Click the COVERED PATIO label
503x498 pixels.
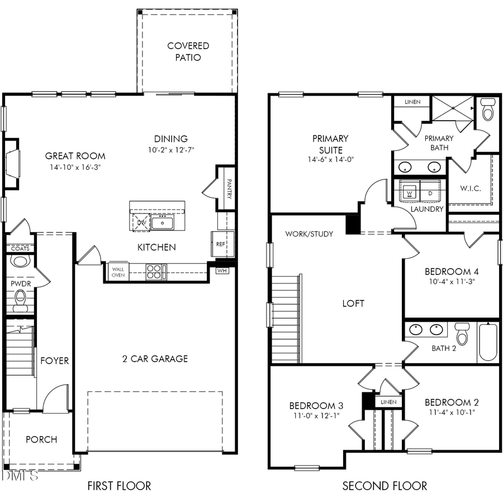pos(188,51)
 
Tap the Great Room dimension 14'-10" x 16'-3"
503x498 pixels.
pos(75,167)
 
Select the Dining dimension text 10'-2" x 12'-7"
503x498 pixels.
pos(170,150)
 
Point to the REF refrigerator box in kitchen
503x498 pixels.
pos(220,244)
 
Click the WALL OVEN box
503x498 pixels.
pos(118,272)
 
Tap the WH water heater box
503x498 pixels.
pos(222,271)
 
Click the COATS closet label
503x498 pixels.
pos(20,248)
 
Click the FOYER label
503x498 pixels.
pos(55,361)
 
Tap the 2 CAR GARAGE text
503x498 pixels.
pos(155,359)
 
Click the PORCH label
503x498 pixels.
pos(41,439)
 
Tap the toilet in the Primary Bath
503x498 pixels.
pos(488,110)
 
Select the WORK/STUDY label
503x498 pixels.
pos(309,234)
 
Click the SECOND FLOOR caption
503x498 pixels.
pos(385,486)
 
